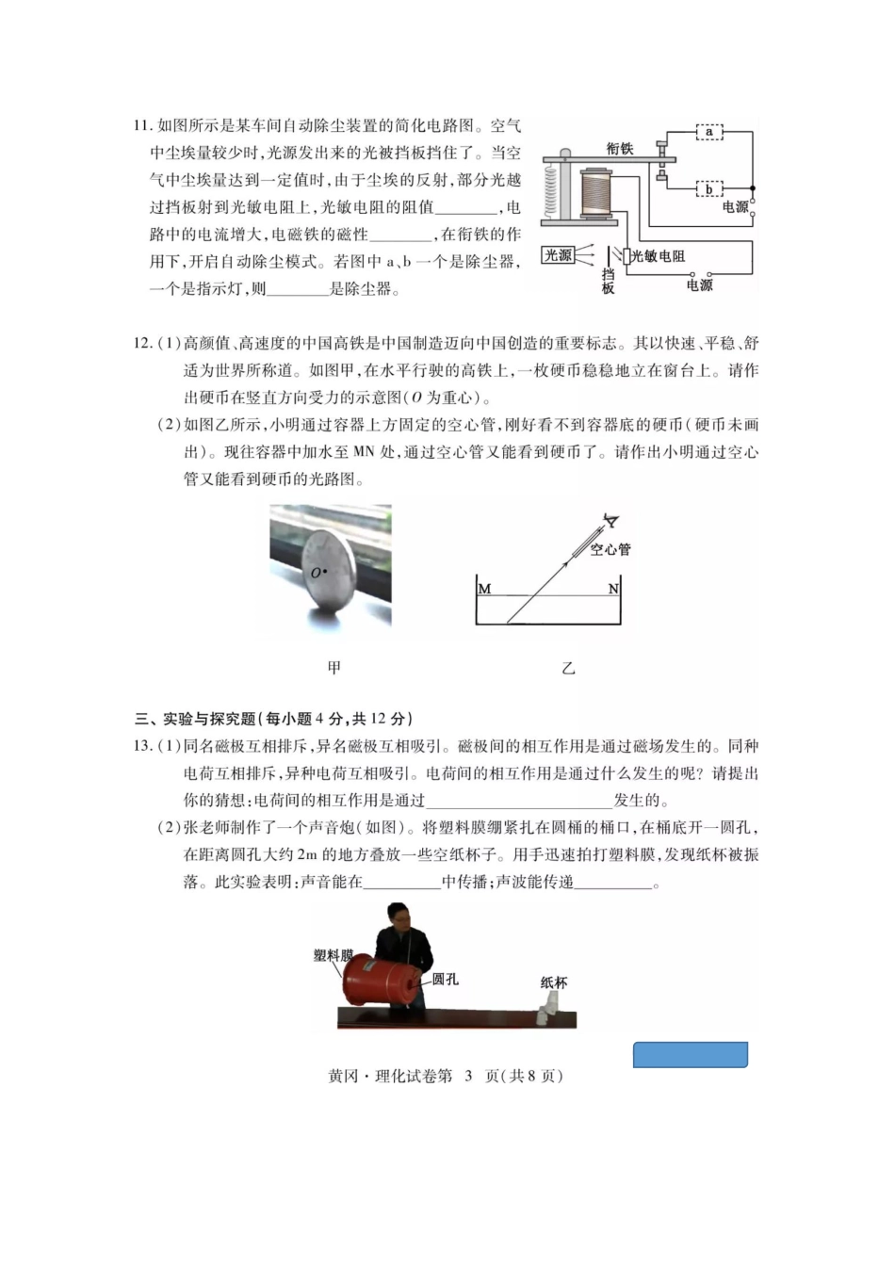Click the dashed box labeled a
[708, 133]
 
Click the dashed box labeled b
[708, 189]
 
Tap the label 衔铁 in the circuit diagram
[619, 149]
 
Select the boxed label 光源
[558, 255]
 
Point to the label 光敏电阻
[658, 256]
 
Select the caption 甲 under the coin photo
[334, 668]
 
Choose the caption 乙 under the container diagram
[567, 669]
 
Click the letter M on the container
[485, 590]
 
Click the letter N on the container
[612, 590]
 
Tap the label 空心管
[610, 549]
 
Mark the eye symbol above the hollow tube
[611, 520]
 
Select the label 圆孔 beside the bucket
[446, 980]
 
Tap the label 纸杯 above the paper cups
[554, 982]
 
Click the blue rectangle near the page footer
[690, 1055]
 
